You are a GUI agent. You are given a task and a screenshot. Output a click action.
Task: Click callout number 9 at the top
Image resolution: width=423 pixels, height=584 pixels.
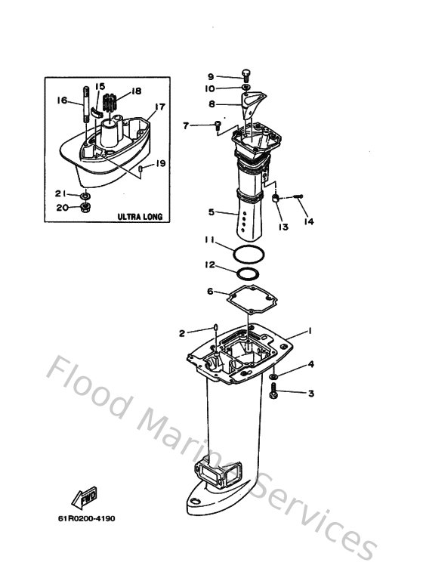(x=211, y=76)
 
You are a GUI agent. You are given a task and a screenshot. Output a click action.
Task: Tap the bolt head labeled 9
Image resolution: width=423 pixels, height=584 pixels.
(x=246, y=74)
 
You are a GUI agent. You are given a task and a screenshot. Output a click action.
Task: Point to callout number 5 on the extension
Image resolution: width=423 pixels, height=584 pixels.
(x=212, y=212)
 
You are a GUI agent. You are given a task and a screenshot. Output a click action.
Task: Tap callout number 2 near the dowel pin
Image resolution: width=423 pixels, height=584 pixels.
(x=182, y=332)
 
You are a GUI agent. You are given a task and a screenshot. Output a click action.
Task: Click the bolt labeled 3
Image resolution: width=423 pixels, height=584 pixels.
(x=274, y=391)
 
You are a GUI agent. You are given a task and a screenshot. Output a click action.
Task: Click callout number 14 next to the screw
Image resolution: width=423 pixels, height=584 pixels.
(x=308, y=221)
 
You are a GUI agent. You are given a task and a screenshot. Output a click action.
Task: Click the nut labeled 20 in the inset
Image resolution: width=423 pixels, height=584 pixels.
(x=86, y=206)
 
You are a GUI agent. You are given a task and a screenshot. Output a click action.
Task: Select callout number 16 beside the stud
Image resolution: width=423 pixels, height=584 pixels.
(x=63, y=100)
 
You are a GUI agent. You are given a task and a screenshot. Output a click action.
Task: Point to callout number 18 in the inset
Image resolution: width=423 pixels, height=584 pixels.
(x=137, y=91)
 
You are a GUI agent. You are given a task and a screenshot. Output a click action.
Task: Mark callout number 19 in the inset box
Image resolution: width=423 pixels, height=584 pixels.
(x=160, y=163)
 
